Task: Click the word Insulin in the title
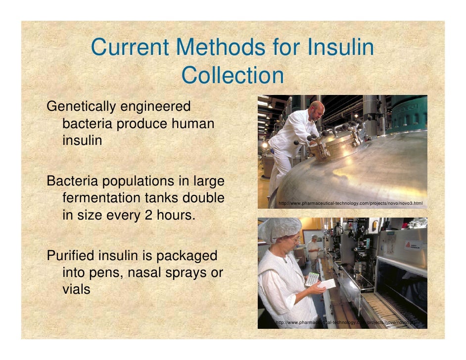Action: click(x=340, y=48)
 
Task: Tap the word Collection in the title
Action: click(x=233, y=76)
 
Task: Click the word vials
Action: click(x=77, y=289)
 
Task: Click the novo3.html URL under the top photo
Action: click(x=350, y=203)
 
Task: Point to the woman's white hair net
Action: click(x=280, y=228)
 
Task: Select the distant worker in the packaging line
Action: click(x=314, y=247)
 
